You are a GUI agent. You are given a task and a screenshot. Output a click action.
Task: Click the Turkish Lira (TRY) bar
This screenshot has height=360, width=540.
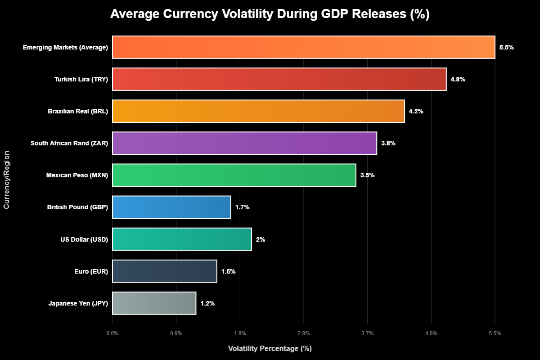pyautogui.click(x=279, y=79)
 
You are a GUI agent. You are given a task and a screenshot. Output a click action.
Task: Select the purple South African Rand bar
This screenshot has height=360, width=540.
pyautogui.click(x=244, y=143)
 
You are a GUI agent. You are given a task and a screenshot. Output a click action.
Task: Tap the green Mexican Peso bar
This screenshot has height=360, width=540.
pyautogui.click(x=234, y=175)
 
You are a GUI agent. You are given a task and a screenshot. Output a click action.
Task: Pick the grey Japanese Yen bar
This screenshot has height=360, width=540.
pyautogui.click(x=154, y=303)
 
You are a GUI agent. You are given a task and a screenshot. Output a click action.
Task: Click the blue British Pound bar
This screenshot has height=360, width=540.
pyautogui.click(x=171, y=207)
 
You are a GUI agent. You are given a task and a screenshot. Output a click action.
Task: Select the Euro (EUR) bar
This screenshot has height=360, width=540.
pyautogui.click(x=164, y=271)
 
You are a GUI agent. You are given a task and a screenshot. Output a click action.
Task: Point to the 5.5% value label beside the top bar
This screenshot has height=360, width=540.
pyautogui.click(x=506, y=47)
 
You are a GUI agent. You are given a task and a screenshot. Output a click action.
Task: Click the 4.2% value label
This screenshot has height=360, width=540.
pyautogui.click(x=416, y=111)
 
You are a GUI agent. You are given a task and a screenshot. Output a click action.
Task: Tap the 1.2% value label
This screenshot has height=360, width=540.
pyautogui.click(x=207, y=303)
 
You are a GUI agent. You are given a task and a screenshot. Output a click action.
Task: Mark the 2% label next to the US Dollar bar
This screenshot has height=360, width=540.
pyautogui.click(x=261, y=239)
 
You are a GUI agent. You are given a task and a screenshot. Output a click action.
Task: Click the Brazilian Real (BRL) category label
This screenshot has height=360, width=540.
pyautogui.click(x=78, y=111)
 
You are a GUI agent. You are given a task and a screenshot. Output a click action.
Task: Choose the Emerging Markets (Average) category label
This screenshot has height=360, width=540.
pyautogui.click(x=65, y=47)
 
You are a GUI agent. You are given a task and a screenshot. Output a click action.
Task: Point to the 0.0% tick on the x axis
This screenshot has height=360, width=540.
pyautogui.click(x=112, y=333)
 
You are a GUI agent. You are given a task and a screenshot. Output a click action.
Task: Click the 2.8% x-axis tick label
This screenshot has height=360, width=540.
pyautogui.click(x=304, y=333)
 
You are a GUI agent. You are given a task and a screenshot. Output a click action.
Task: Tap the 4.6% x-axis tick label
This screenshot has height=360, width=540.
pyautogui.click(x=431, y=333)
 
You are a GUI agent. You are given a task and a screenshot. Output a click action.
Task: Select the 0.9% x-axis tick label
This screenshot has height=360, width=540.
pyautogui.click(x=176, y=333)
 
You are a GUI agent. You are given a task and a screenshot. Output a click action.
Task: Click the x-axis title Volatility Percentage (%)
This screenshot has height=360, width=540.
pyautogui.click(x=270, y=349)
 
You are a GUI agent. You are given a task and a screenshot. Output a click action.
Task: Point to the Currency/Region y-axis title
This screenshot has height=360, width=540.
pyautogui.click(x=7, y=180)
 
